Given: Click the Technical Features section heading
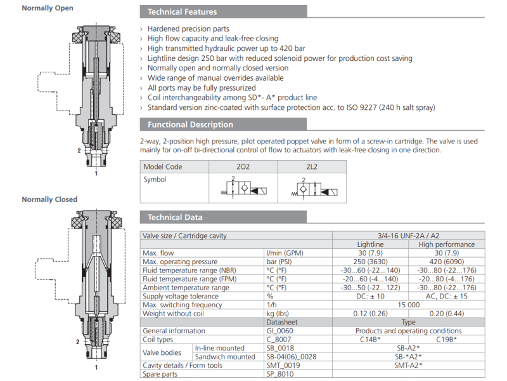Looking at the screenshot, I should (x=182, y=11).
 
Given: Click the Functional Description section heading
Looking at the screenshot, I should (x=190, y=124).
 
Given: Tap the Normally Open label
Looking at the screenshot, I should (x=47, y=8).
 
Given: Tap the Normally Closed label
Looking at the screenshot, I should (x=49, y=199).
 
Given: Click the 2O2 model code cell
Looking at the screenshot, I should (x=242, y=166).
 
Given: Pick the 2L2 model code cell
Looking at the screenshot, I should (x=311, y=166).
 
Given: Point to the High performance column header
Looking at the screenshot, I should (x=446, y=244).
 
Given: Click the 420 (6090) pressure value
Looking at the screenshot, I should (x=446, y=262).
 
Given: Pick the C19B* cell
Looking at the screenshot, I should (x=446, y=340).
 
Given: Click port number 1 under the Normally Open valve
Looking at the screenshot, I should (x=96, y=172).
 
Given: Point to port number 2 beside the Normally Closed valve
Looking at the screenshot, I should (x=78, y=342).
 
